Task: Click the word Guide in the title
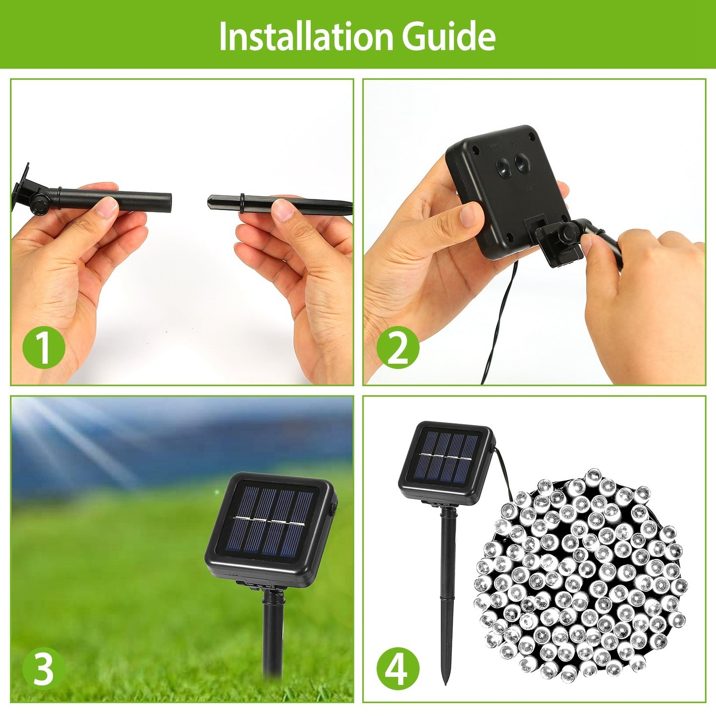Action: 448,36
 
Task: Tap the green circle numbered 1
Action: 44,348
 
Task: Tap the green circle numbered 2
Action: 397,348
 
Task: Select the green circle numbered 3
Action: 44,668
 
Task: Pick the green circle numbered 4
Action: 397,668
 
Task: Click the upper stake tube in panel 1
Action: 114,199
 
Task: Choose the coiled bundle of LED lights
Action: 580,575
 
